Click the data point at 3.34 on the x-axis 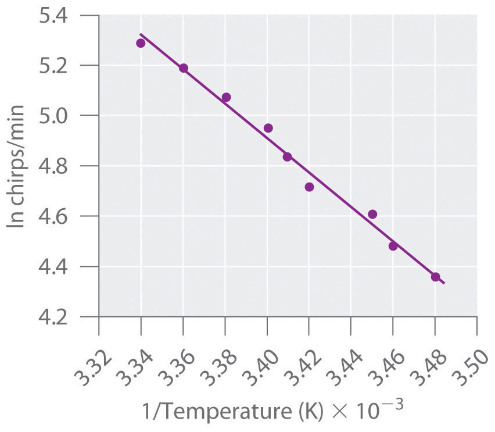(141, 43)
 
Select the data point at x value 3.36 (184, 68)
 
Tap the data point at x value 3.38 (226, 97)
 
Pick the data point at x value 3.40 (268, 128)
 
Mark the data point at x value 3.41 (287, 157)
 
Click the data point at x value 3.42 (309, 187)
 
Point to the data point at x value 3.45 (372, 214)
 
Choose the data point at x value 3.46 (393, 246)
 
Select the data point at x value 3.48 (435, 277)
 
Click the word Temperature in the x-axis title (211, 412)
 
